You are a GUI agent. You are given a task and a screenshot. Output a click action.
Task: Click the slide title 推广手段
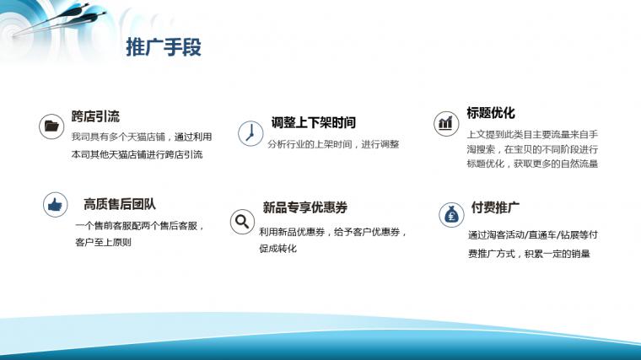click(x=164, y=47)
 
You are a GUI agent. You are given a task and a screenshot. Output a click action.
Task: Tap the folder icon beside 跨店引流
click(x=51, y=126)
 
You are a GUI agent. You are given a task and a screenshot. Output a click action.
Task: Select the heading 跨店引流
click(x=95, y=116)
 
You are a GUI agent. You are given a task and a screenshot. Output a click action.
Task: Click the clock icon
click(x=250, y=133)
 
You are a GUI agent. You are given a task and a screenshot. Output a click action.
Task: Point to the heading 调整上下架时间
click(x=314, y=122)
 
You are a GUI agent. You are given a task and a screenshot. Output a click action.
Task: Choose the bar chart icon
click(x=446, y=123)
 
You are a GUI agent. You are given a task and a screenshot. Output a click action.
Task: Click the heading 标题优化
click(x=491, y=113)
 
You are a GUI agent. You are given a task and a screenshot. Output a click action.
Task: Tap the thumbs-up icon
click(x=55, y=204)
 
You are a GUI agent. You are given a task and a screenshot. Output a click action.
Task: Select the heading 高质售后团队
click(x=120, y=204)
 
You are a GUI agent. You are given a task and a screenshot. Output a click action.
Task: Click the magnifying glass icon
click(x=242, y=222)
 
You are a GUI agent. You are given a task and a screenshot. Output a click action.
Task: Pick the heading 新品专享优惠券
click(x=305, y=207)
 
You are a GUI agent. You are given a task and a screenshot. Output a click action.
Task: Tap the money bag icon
click(x=451, y=214)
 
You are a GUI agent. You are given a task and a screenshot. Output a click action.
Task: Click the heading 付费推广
click(x=495, y=207)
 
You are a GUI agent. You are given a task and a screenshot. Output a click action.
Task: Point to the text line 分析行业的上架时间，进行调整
click(x=333, y=144)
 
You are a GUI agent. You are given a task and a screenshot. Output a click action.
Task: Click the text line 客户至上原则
click(x=103, y=242)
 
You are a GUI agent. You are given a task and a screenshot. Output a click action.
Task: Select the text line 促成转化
click(x=278, y=249)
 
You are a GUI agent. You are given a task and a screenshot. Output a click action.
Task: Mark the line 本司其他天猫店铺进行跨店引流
click(x=137, y=155)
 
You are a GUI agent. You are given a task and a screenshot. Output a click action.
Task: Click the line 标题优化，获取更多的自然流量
click(x=533, y=164)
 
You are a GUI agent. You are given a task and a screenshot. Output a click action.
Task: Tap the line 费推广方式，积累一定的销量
click(x=529, y=254)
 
